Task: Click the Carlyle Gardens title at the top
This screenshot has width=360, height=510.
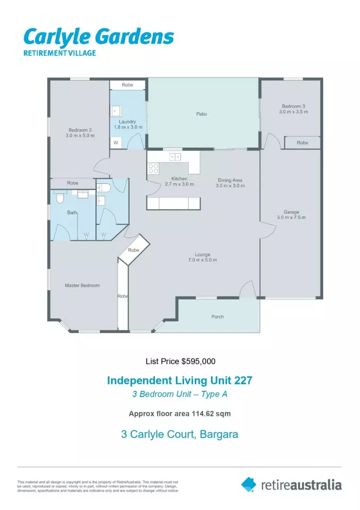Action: tap(98, 36)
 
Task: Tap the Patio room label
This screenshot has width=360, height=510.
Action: tap(201, 114)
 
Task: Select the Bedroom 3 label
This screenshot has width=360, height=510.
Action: tap(291, 106)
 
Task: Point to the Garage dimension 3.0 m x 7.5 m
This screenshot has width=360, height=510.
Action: tap(291, 218)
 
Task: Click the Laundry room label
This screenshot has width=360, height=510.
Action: tap(127, 122)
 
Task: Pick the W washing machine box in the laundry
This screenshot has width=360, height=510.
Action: tap(116, 143)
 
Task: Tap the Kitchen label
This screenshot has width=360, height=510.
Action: tap(179, 179)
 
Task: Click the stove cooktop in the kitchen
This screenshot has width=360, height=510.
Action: tap(153, 167)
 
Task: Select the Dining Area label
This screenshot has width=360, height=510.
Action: tap(230, 180)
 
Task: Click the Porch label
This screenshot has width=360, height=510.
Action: tap(218, 316)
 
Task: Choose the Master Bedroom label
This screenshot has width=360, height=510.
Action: tap(82, 285)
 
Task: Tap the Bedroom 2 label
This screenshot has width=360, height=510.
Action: tap(80, 130)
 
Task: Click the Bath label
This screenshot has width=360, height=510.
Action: tap(72, 212)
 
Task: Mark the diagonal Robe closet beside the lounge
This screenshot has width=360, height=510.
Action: tap(134, 250)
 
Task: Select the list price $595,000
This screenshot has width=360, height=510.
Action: tap(198, 362)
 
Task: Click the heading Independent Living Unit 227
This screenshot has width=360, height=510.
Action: tap(180, 380)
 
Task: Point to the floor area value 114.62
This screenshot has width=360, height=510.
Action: tap(203, 414)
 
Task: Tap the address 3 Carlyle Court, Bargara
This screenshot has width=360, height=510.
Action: tap(179, 434)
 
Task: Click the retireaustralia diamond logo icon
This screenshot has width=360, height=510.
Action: tap(249, 484)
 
